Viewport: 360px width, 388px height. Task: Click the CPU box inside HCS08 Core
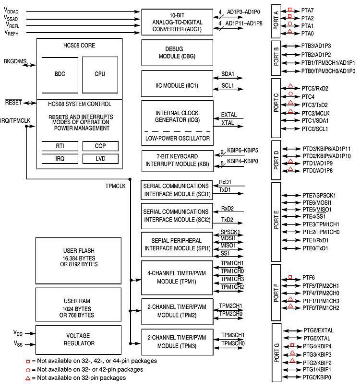click(100, 74)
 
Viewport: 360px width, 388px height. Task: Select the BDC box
click(60, 74)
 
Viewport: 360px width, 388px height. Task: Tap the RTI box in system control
click(60, 146)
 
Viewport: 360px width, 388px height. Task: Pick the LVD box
click(100, 158)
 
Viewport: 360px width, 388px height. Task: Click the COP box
click(100, 146)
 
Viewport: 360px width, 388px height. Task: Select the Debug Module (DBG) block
click(177, 53)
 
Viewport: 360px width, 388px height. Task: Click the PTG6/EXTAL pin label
click(318, 330)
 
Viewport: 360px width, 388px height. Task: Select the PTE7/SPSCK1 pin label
click(319, 196)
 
